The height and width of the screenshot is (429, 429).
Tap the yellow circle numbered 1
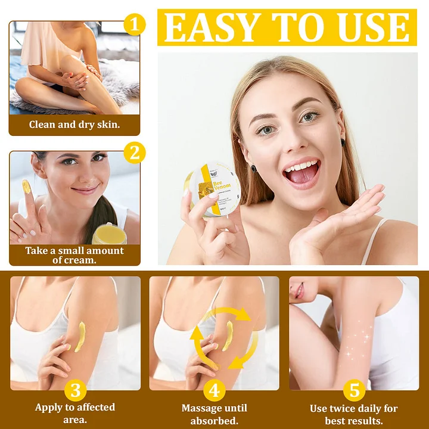135,25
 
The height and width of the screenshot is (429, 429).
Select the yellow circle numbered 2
135,153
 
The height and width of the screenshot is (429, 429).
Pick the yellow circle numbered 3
75,391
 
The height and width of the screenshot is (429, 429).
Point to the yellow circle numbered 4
214,391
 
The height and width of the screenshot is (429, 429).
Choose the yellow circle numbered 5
354,391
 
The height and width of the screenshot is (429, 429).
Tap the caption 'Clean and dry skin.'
74,125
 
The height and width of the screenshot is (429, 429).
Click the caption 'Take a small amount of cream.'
74,255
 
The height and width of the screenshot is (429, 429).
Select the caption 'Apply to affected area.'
75,413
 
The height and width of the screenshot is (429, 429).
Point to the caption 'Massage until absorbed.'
214,413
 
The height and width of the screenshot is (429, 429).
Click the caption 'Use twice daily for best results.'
354,413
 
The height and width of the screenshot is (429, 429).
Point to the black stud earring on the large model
343,143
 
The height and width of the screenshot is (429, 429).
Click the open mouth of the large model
301,172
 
